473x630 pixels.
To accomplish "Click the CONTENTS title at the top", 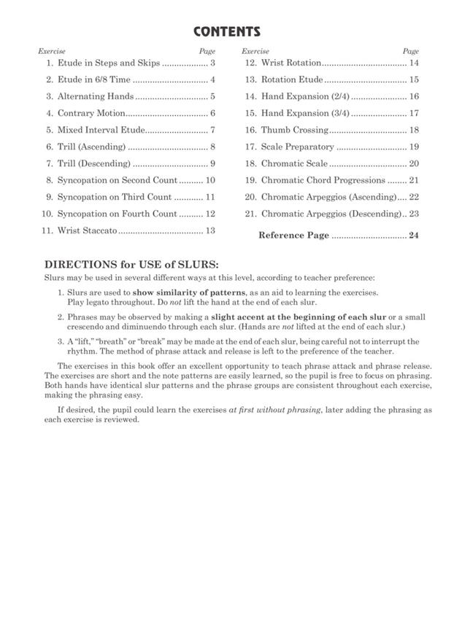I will pyautogui.click(x=227, y=32).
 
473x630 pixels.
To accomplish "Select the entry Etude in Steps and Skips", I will pyautogui.click(x=108, y=63).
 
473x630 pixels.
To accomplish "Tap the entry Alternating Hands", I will pyautogui.click(x=96, y=96).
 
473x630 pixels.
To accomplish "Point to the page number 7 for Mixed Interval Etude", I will pyautogui.click(x=212, y=131).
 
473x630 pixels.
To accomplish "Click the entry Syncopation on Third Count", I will pyautogui.click(x=115, y=197).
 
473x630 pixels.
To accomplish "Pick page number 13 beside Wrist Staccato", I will pyautogui.click(x=210, y=231).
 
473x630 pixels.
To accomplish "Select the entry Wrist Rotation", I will pyautogui.click(x=291, y=63).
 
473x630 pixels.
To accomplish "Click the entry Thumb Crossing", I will pyautogui.click(x=295, y=131).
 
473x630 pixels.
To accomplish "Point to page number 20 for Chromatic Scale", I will pyautogui.click(x=414, y=164).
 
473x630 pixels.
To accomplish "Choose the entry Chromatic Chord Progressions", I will pyautogui.click(x=323, y=180).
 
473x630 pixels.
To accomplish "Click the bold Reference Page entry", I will pyautogui.click(x=293, y=236).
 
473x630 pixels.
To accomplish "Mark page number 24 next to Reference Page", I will pyautogui.click(x=414, y=236).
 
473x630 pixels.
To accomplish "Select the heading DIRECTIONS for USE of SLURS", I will pyautogui.click(x=131, y=265).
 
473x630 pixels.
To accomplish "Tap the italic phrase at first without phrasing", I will pyautogui.click(x=274, y=411).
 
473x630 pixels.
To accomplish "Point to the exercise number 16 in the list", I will pyautogui.click(x=250, y=131).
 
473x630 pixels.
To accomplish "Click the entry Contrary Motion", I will pyautogui.click(x=91, y=114).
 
